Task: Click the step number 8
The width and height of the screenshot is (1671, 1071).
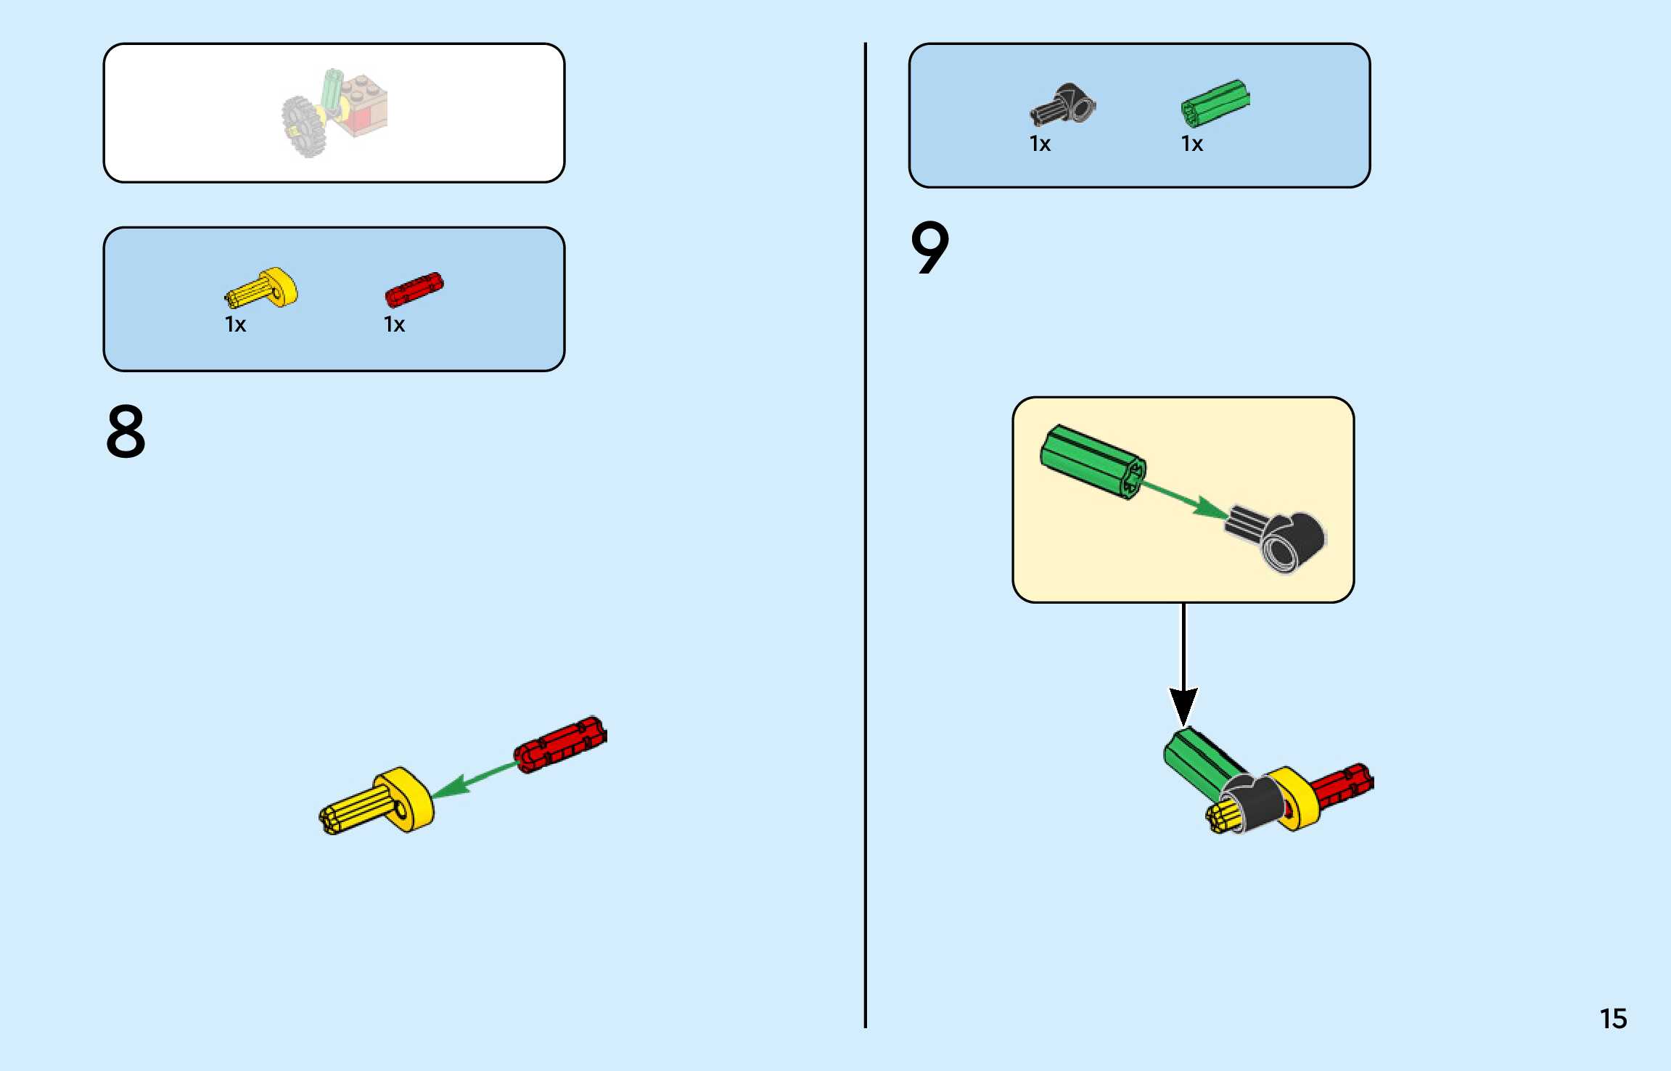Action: pos(126,432)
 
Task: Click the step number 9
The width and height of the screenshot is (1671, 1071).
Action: pos(929,248)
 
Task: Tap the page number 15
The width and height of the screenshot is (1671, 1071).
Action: pos(1613,1019)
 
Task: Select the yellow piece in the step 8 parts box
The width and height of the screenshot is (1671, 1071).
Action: pos(263,289)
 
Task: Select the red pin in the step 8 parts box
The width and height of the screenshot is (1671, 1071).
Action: pos(414,289)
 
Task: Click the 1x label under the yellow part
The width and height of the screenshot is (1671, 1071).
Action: pos(235,324)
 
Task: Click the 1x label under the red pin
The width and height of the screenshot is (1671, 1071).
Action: pos(394,324)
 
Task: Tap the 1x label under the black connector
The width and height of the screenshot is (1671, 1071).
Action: pos(1040,144)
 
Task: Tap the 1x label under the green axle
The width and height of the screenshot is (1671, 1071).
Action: pos(1191,144)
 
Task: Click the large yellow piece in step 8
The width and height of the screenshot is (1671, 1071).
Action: pos(381,803)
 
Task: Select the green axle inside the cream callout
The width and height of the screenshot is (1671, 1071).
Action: pos(1092,461)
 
